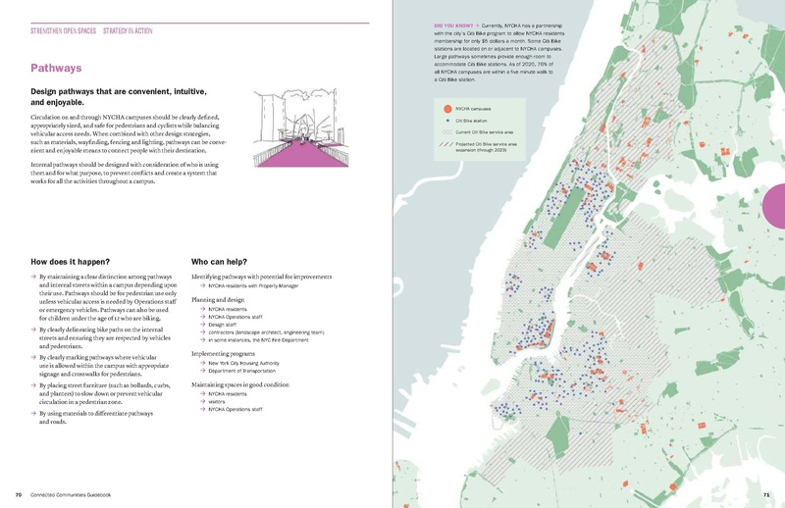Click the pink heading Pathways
coord(56,69)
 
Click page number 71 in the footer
coord(765,495)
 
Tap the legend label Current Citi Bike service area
coord(493,130)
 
